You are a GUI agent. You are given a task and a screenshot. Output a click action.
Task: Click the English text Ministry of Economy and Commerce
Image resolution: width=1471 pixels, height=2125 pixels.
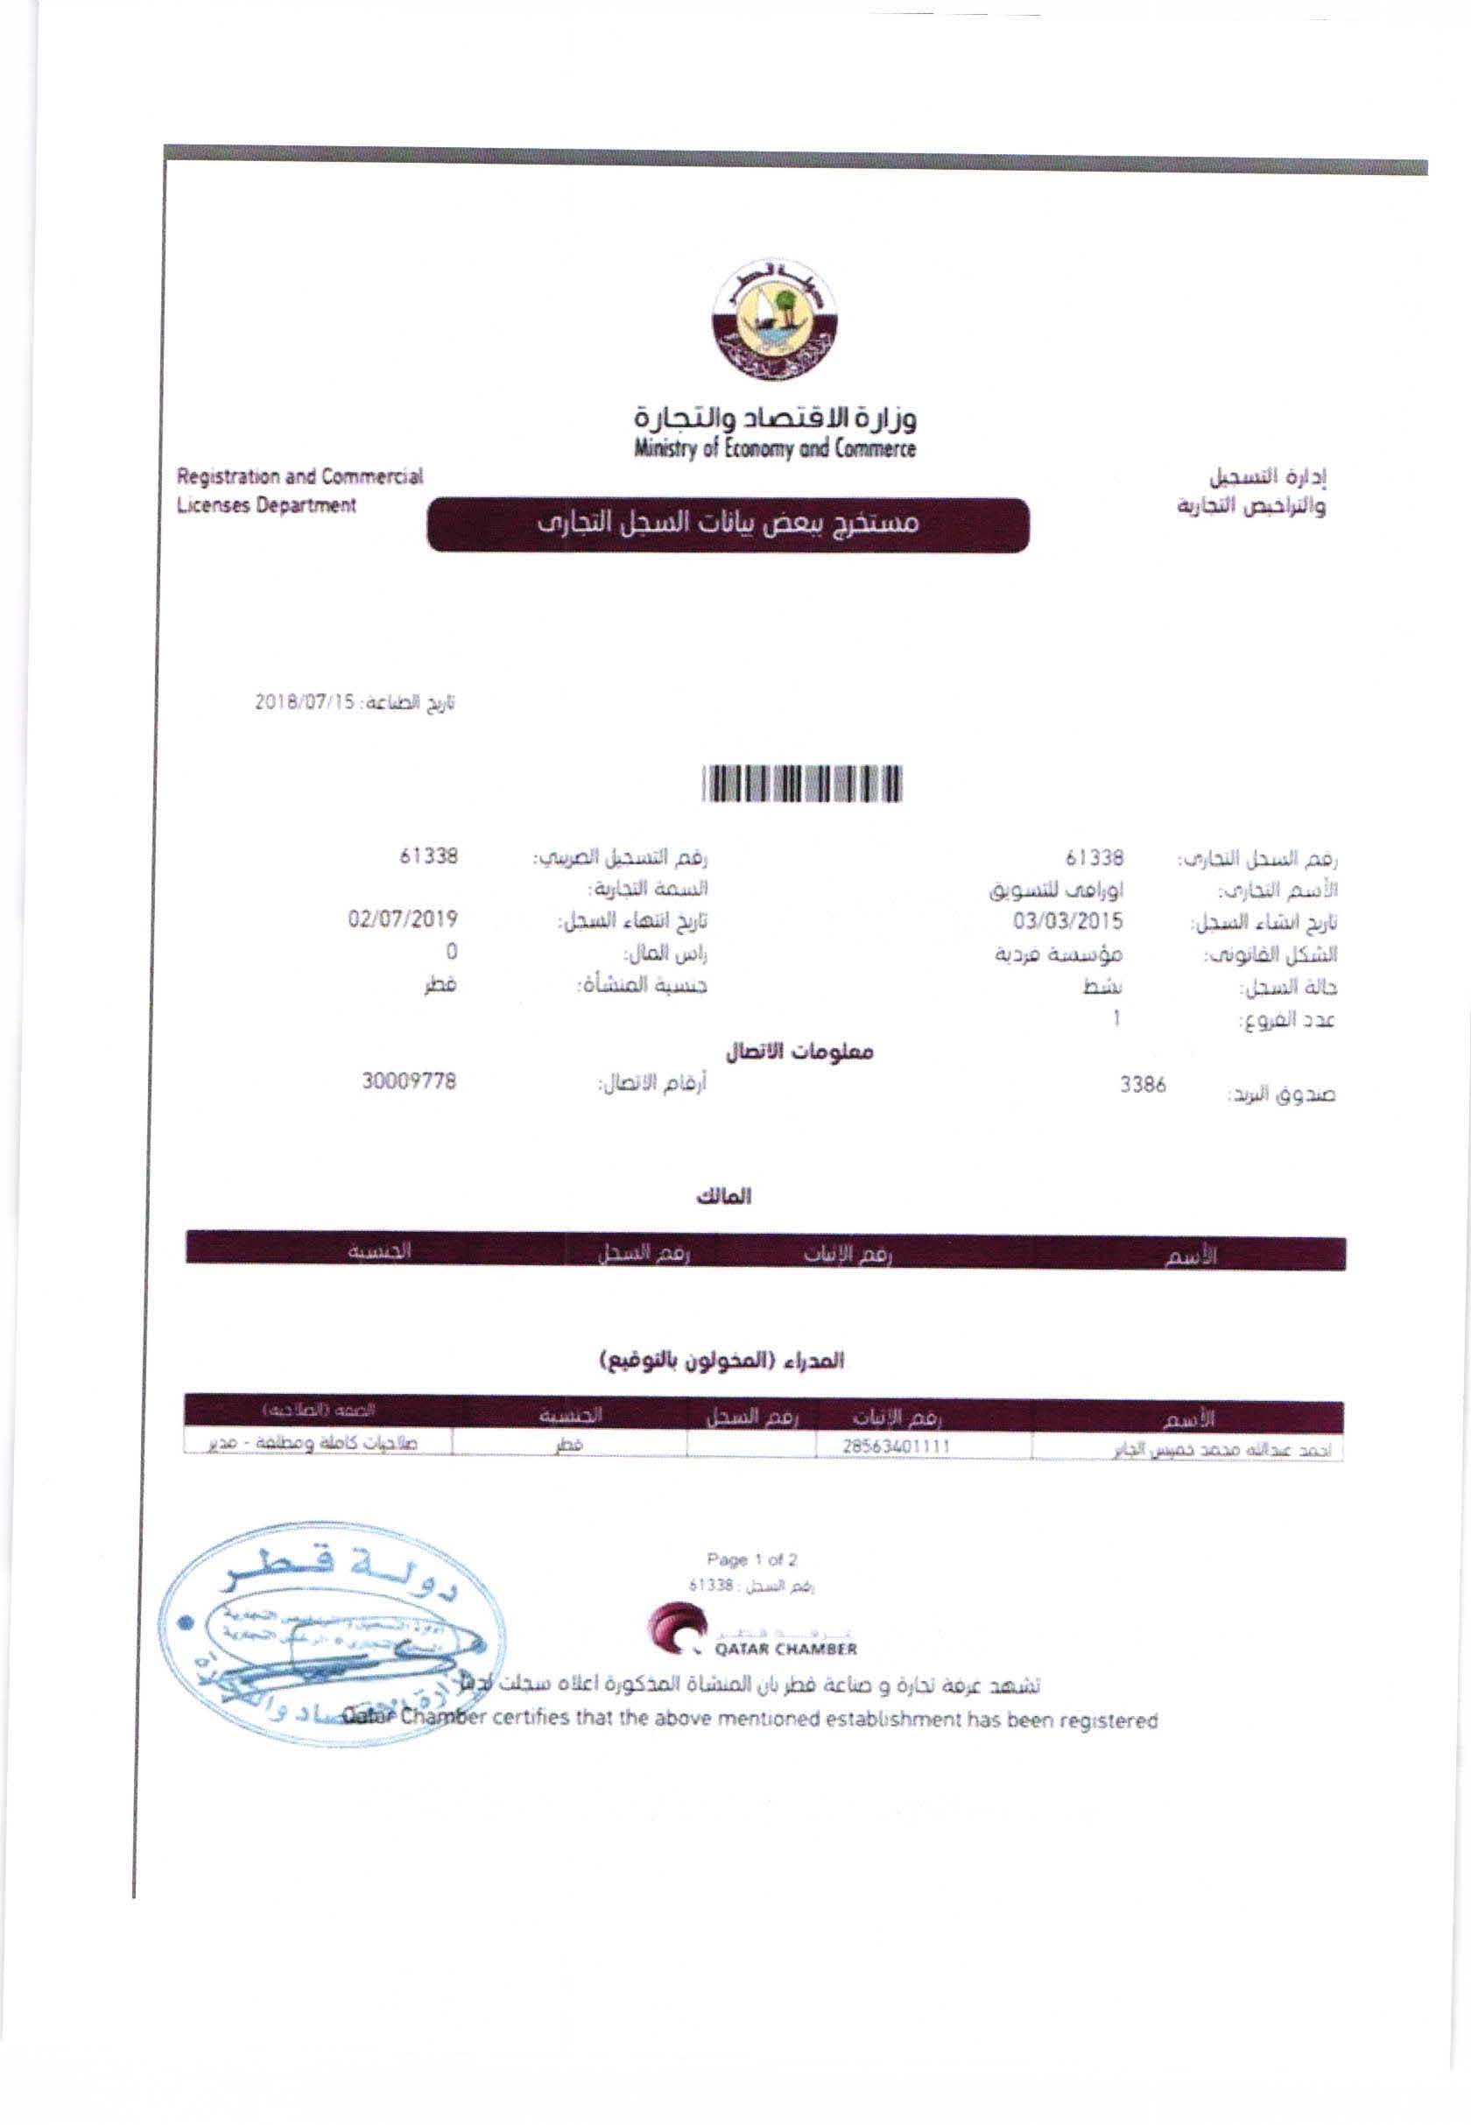[x=774, y=450]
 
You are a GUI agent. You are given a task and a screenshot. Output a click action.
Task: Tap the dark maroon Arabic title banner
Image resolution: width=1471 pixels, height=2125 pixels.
[x=728, y=525]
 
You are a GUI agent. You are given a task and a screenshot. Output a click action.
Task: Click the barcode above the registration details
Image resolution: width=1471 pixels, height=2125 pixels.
[x=801, y=785]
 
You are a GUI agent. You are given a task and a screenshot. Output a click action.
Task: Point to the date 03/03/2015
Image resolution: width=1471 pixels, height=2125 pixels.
[x=1068, y=920]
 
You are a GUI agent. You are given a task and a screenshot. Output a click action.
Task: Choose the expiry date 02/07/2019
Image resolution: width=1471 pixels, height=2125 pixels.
[x=403, y=919]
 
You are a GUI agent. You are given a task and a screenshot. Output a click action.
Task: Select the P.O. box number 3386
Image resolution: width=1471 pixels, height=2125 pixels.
[x=1143, y=1086]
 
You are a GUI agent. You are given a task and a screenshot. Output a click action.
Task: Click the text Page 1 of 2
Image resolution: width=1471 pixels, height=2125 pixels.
[x=752, y=1560]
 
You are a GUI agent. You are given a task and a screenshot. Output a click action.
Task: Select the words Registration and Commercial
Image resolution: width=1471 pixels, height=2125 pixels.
[x=299, y=477]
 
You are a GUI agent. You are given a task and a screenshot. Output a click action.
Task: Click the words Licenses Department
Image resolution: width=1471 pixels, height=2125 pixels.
[x=266, y=505]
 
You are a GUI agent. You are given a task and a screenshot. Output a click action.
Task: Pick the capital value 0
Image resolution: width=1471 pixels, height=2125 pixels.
[x=452, y=952]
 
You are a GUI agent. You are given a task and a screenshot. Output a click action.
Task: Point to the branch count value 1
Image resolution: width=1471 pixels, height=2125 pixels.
[x=1116, y=1018]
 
